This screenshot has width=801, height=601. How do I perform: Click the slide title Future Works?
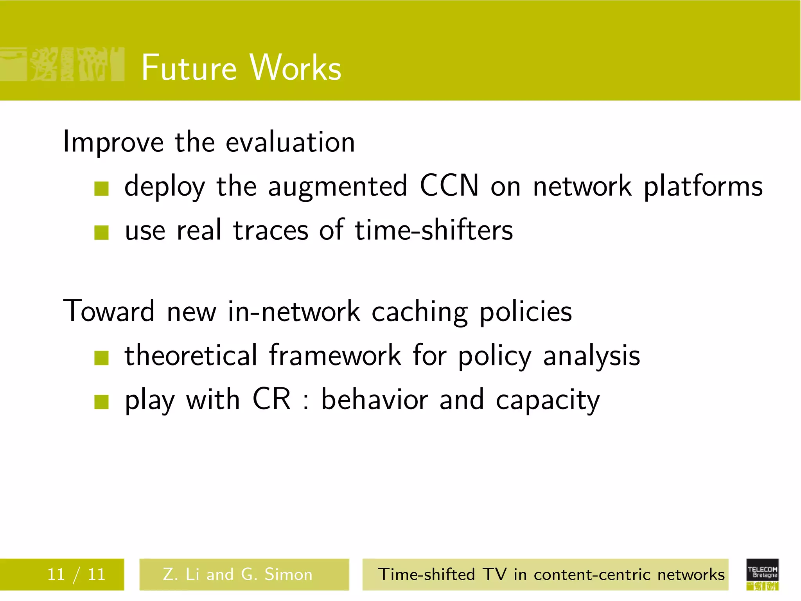tap(241, 68)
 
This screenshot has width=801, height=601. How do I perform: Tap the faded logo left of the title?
tap(63, 65)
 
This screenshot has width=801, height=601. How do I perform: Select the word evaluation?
tap(290, 142)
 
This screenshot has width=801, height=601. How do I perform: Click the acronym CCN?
tap(449, 185)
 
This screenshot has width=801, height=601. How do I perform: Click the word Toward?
tap(109, 311)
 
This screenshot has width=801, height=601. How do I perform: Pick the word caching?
tap(419, 313)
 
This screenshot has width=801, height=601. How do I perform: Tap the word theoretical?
tap(191, 355)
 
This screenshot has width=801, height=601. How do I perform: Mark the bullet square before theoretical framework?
tap(101, 358)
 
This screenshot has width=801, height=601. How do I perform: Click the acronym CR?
tap(271, 399)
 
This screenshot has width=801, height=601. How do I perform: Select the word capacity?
tap(547, 401)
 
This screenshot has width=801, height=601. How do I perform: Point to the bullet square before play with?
tap(101, 402)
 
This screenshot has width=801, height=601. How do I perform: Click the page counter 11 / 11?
tap(76, 574)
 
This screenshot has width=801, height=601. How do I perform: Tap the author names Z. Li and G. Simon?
tap(238, 574)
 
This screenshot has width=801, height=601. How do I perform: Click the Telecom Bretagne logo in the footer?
tap(762, 574)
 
